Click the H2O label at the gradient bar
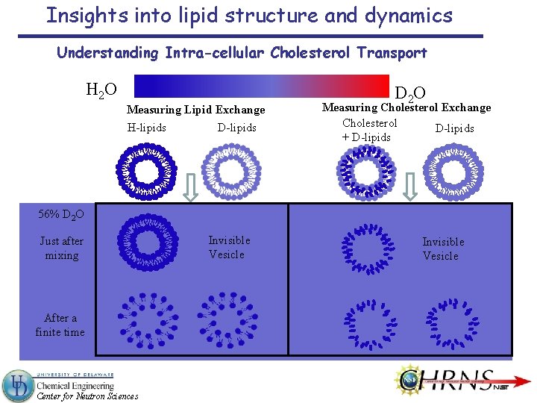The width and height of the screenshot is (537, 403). pos(101,90)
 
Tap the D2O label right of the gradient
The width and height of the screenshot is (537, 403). pos(410,93)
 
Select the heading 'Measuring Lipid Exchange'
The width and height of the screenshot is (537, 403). pos(196,110)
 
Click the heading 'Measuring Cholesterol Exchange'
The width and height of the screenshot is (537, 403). pos(406,107)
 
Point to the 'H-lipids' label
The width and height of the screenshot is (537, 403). pos(147,128)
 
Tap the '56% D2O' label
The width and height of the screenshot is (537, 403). pos(61,215)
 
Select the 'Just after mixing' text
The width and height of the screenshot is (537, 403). pos(61,248)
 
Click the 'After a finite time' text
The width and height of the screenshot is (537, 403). pos(60,325)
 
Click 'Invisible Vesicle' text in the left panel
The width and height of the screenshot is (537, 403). pos(228,247)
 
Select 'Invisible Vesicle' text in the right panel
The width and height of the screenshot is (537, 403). pos(442,249)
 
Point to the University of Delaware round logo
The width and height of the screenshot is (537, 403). pos(18,385)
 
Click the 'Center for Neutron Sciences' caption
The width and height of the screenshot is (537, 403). pos(87,396)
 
